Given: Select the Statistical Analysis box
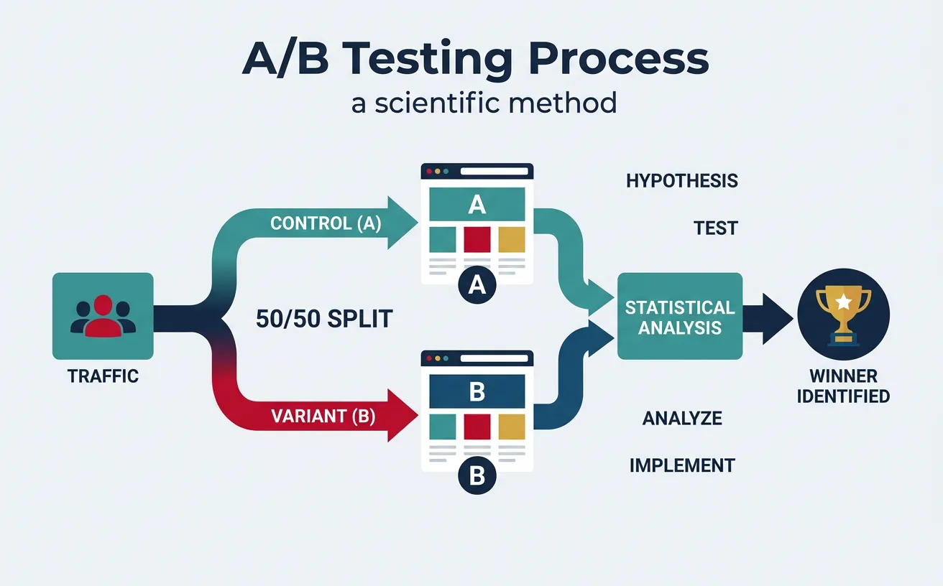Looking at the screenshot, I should [679, 317].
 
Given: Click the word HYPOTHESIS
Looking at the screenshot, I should [681, 180].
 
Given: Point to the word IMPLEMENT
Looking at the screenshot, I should [681, 465].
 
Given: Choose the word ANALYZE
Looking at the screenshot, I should [681, 418].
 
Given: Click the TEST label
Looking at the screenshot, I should [715, 228].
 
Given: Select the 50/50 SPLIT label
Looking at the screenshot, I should [324, 319].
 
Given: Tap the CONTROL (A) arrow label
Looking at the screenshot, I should [326, 223].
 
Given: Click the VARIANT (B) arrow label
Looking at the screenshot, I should [323, 416].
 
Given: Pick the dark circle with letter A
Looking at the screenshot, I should [477, 287].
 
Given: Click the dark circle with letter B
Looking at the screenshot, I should [477, 476].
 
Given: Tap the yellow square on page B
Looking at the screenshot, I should [512, 427].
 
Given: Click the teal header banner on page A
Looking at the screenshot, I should [477, 205].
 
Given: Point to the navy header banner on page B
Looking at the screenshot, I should [477, 393].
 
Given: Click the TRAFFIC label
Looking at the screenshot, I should [103, 376].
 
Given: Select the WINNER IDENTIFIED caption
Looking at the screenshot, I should [843, 386].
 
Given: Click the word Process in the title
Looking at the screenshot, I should [610, 60].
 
